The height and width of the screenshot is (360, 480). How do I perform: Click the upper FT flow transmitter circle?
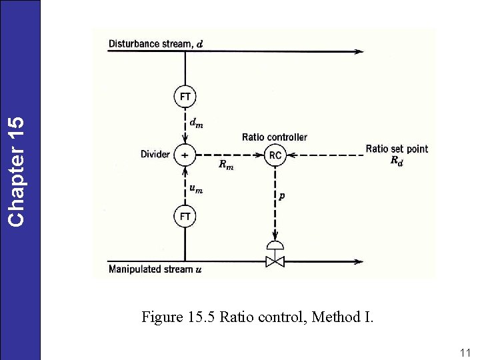coord(185,97)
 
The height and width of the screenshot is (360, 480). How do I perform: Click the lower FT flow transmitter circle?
coord(185,217)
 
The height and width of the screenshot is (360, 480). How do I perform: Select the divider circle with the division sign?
coord(185,155)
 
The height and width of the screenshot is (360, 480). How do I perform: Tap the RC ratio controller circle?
coord(275,155)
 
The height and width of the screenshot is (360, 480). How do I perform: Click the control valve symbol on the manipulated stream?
coord(275,259)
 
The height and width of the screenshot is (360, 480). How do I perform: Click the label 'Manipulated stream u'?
coord(155,269)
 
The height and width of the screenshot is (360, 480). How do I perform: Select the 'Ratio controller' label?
coord(274,137)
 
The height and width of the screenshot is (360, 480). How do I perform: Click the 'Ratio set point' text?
coord(397,149)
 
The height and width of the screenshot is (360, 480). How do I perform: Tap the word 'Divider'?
coord(155,155)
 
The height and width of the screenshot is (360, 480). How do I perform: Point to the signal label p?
coord(283,196)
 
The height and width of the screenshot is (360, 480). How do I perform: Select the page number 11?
coord(465,353)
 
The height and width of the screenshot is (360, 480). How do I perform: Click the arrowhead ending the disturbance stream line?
coord(360,51)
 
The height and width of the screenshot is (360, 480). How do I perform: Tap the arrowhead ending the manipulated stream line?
coord(360,261)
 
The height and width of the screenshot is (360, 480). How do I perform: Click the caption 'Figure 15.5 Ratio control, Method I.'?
coord(257,317)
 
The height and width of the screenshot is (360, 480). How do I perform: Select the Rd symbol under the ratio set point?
coord(396,161)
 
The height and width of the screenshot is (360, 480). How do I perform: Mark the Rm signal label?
coord(226,165)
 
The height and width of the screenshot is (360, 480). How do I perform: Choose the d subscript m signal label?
coord(197,123)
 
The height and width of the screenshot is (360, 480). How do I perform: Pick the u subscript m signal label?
coord(197,189)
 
